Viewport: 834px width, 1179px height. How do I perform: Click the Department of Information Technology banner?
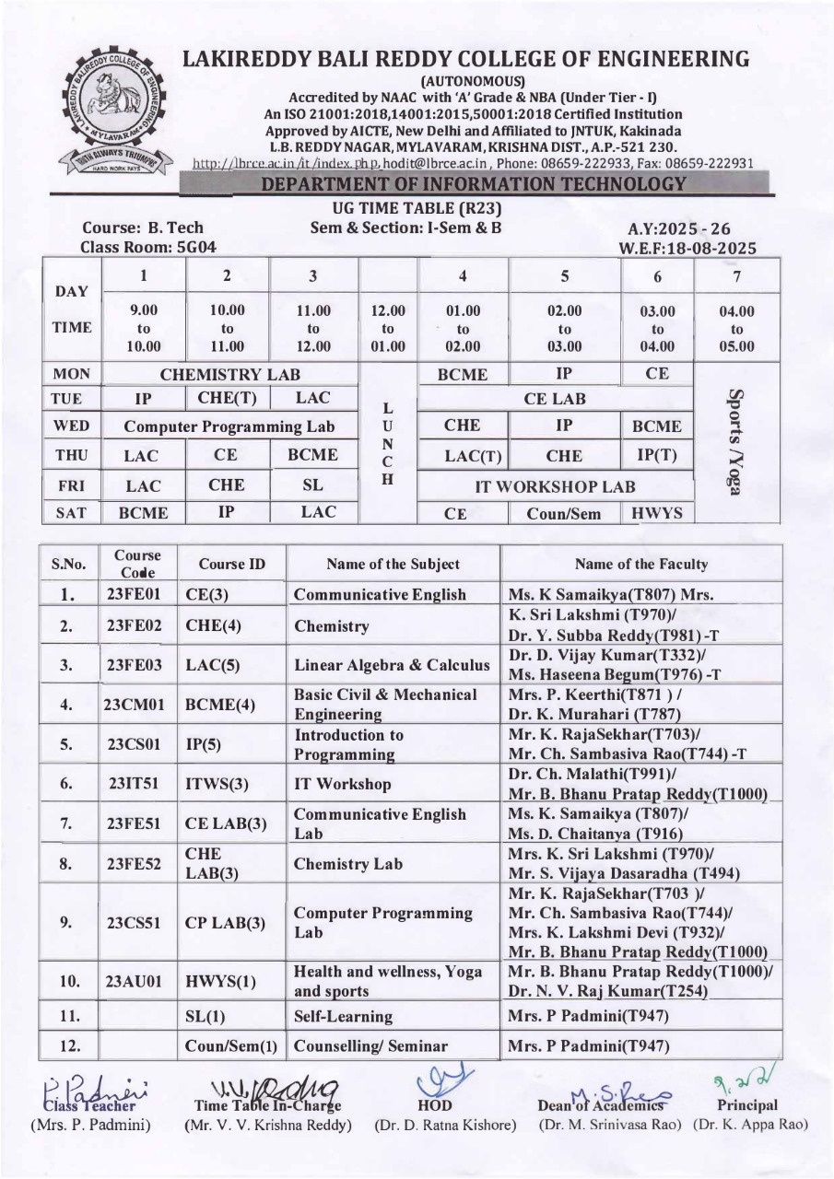[475, 183]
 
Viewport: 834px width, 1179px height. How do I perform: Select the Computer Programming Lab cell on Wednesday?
[229, 426]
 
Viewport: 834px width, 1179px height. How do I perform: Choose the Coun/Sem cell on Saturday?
[564, 514]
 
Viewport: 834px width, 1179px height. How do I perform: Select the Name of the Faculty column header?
[640, 564]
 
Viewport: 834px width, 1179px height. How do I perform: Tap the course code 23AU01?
[135, 983]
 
